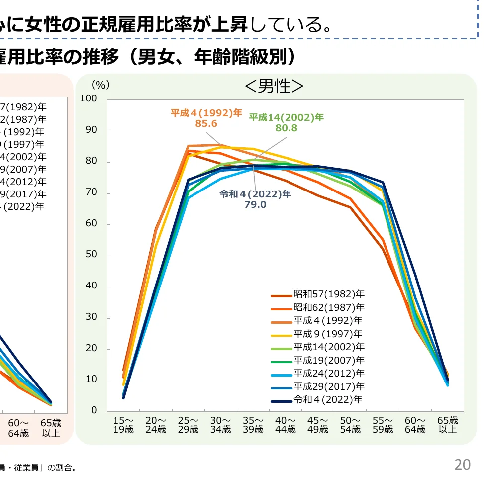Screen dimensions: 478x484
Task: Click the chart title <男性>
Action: point(274,87)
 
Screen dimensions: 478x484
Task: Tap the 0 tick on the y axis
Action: point(94,411)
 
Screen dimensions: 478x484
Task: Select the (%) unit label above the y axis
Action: point(100,85)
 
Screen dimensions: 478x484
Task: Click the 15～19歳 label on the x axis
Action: point(123,425)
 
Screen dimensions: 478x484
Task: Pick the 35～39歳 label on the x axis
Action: point(253,425)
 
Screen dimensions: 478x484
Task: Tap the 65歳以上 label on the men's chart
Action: point(447,425)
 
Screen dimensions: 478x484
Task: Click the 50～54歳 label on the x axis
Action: point(350,425)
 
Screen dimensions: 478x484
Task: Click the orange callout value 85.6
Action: point(206,123)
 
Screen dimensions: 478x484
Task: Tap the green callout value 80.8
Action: point(286,128)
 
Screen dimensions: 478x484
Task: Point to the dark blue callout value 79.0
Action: point(255,204)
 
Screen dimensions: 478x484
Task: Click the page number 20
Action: point(462,465)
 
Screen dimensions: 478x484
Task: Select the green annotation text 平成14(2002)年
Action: point(286,117)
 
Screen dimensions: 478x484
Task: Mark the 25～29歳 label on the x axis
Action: point(188,425)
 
